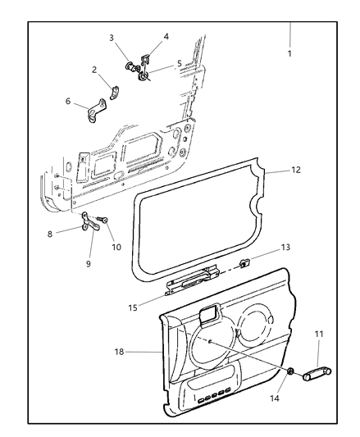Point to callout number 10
click(116, 245)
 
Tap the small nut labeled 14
click(292, 373)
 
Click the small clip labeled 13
click(244, 262)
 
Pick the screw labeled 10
click(103, 220)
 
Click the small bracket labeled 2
click(115, 86)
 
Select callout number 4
click(166, 37)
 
